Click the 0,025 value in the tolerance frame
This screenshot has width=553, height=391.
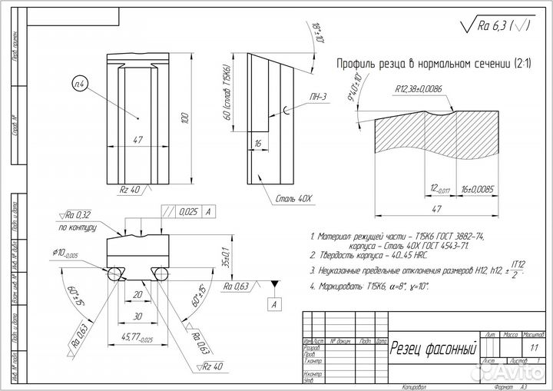click(x=187, y=210)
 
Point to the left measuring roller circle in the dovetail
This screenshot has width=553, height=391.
click(x=114, y=273)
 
